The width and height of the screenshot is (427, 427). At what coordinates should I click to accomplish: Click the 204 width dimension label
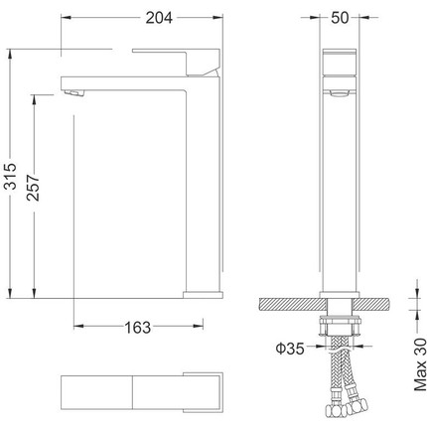[x=159, y=18]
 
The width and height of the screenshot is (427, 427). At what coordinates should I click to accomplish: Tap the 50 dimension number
[x=340, y=18]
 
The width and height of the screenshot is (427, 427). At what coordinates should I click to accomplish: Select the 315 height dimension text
[x=11, y=176]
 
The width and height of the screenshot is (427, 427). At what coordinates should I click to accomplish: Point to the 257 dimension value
[x=34, y=188]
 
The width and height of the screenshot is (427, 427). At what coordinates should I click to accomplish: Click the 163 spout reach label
[x=137, y=328]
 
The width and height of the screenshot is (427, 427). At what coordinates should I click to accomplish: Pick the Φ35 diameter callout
[x=290, y=349]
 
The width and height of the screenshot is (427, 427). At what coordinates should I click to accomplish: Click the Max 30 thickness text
[x=420, y=364]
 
